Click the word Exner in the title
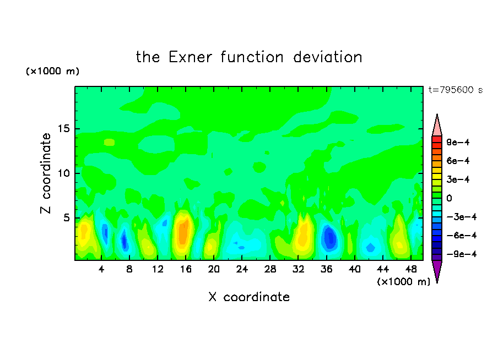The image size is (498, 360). (190, 57)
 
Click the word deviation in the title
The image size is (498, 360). (328, 57)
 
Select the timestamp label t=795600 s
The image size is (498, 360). (456, 90)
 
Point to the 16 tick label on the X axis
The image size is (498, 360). (186, 270)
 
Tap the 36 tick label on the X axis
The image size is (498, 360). (327, 270)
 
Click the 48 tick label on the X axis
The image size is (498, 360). (411, 270)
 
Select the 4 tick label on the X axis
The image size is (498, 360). (101, 270)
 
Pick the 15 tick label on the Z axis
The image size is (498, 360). (64, 129)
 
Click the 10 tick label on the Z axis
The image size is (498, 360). (64, 173)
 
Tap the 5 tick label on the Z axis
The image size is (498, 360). (67, 218)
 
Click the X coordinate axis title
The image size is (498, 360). (249, 297)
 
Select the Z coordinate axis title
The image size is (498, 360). (45, 173)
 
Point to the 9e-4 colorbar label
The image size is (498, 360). (458, 142)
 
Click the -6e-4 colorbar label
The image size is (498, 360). (462, 236)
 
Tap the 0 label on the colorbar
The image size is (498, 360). (449, 198)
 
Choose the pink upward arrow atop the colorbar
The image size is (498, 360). (437, 126)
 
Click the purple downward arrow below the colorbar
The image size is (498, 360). (437, 271)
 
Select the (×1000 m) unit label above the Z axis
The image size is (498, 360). (53, 71)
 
